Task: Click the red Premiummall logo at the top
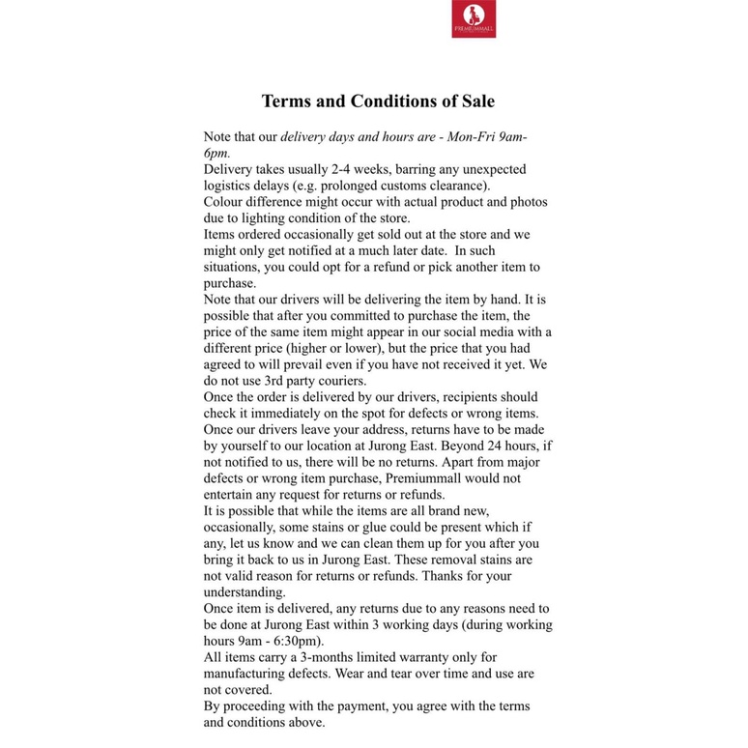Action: pyautogui.click(x=474, y=19)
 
